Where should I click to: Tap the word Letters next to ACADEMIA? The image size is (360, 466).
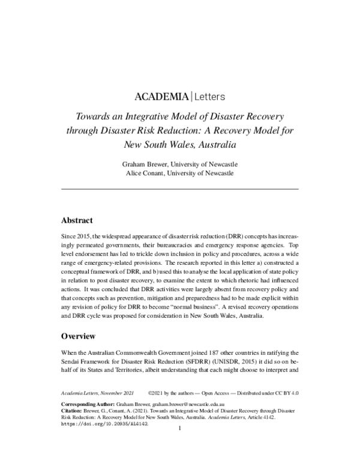coord(209,96)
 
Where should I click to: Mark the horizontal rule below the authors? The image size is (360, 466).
coord(180,189)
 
